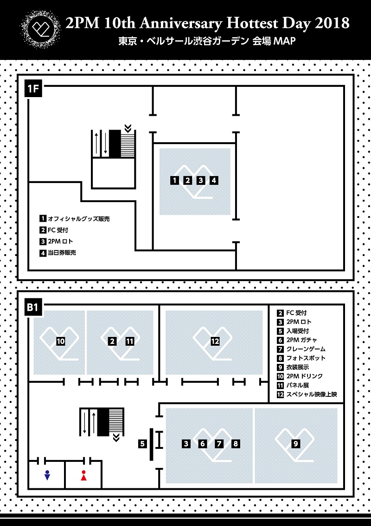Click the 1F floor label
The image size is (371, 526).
33,89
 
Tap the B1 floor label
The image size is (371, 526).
33,308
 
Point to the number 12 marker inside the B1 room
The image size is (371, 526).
215,342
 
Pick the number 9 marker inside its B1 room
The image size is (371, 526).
296,444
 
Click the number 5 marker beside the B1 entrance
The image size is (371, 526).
143,444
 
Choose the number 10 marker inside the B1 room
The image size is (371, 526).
61,342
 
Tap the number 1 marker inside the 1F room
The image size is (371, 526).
174,180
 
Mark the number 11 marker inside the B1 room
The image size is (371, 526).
129,342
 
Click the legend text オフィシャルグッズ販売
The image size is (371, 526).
79,219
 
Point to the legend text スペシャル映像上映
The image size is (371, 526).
311,394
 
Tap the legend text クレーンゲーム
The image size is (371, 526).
306,349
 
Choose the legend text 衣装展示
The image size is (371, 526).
298,368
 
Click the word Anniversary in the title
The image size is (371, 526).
180,24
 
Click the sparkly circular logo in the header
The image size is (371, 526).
40,28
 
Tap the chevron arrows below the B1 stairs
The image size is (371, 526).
116,438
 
